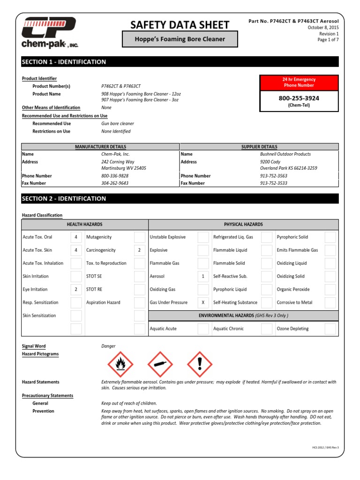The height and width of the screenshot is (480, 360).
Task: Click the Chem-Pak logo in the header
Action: [49, 31]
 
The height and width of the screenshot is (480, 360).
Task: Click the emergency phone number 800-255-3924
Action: [299, 98]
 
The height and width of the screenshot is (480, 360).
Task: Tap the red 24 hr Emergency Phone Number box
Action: [299, 82]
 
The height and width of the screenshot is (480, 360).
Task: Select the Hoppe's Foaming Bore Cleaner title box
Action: [180, 39]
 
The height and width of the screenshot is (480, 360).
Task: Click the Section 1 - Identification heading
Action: [64, 62]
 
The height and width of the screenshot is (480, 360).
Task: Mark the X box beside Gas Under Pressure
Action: [203, 303]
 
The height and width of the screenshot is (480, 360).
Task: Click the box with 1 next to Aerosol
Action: [203, 277]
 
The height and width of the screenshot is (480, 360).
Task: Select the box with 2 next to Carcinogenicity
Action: [139, 250]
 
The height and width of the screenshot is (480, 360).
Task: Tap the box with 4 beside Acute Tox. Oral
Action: [76, 237]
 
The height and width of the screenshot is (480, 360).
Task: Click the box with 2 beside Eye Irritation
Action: [76, 290]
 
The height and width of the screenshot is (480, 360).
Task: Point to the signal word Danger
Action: [108, 346]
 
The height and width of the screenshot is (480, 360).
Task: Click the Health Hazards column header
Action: [84, 225]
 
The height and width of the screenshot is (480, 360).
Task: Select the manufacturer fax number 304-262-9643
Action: [115, 183]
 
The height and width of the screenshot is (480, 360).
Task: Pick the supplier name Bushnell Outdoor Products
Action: [285, 154]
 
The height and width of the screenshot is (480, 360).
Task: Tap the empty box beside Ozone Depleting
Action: [330, 329]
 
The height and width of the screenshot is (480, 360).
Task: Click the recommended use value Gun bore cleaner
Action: [118, 124]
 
